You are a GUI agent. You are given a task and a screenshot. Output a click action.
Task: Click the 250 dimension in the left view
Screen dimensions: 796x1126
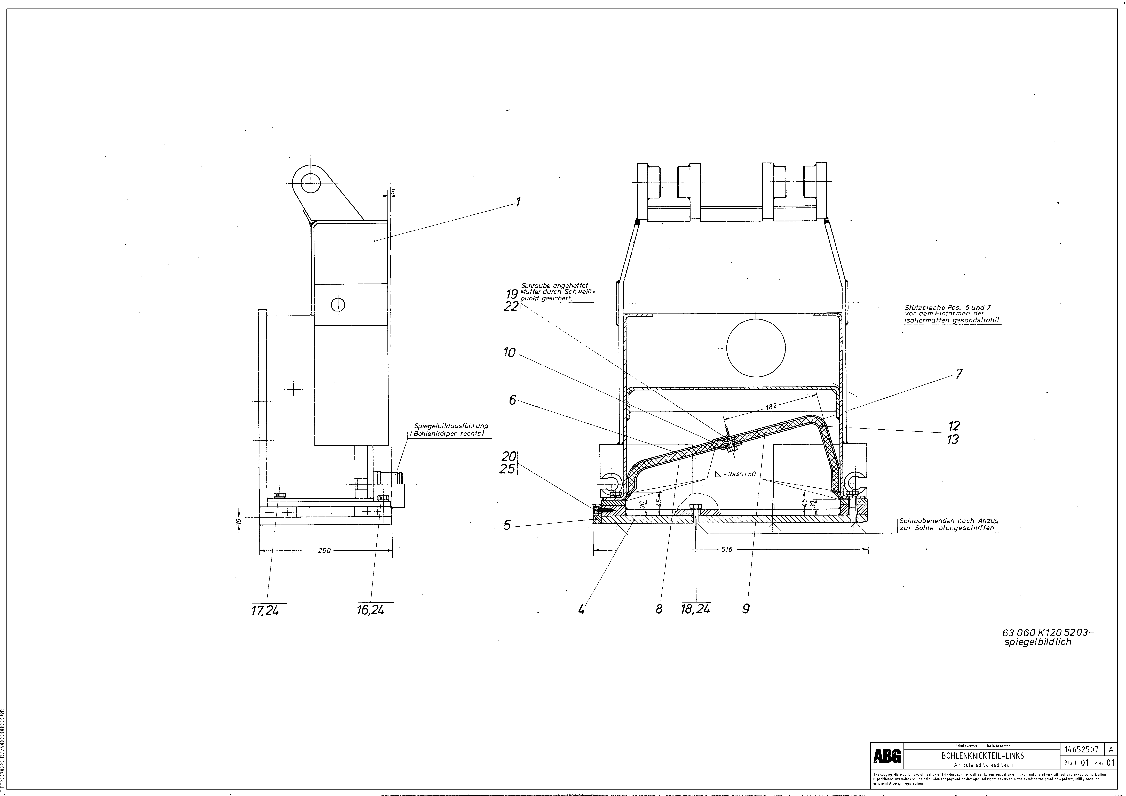click(324, 550)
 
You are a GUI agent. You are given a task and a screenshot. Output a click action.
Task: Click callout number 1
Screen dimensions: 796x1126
click(517, 202)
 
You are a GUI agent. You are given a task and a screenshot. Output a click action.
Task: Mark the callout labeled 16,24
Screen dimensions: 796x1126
click(371, 610)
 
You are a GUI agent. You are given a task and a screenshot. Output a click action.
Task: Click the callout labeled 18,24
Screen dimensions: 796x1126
click(695, 609)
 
